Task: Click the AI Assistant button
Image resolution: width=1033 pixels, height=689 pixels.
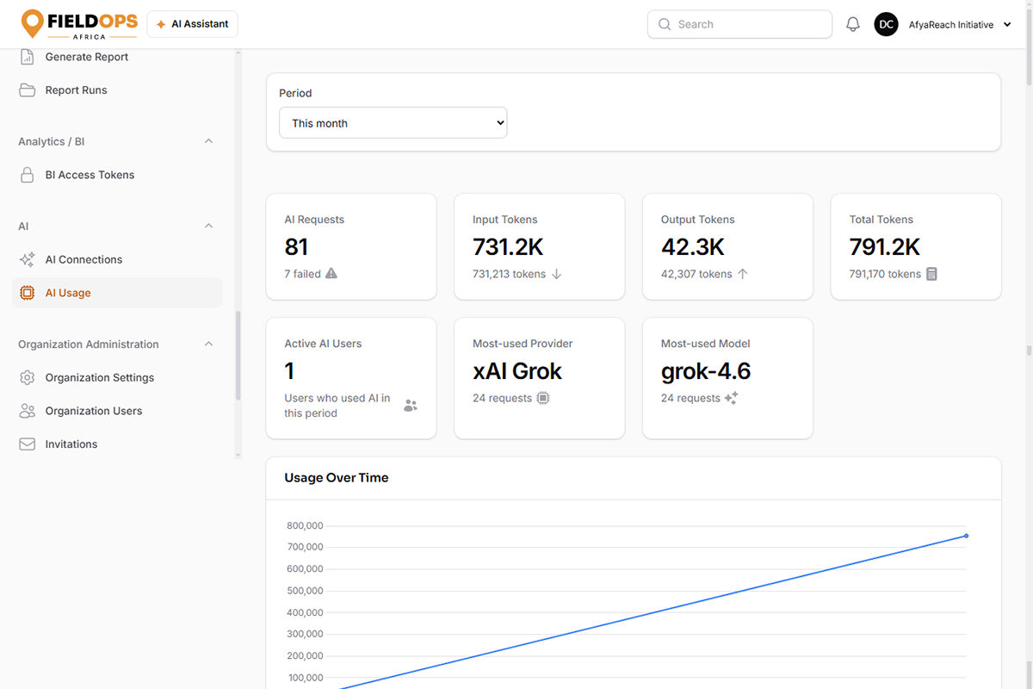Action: point(192,24)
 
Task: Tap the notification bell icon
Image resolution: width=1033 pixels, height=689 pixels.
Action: point(853,24)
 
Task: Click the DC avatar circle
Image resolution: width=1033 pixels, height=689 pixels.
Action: point(886,24)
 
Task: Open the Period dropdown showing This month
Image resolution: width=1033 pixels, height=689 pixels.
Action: point(393,123)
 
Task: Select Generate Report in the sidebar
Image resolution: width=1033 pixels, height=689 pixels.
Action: point(86,57)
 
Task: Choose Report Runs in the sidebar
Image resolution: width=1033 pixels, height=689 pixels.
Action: point(76,90)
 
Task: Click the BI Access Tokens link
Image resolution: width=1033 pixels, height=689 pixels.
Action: point(90,175)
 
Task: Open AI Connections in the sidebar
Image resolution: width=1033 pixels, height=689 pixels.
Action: point(84,260)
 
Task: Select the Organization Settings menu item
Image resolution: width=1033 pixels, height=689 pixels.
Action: point(99,378)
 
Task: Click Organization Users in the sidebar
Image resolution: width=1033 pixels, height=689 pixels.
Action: point(93,411)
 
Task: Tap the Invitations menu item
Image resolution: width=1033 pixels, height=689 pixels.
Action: point(71,444)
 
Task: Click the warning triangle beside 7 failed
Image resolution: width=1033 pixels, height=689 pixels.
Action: point(331,274)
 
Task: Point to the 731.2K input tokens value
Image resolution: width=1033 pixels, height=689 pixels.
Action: point(508,247)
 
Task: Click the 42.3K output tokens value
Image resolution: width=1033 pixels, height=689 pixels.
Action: point(692,247)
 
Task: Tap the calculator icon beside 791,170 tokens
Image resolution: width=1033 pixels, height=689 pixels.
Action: point(931,274)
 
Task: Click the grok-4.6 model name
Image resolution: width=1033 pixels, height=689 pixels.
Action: point(706,371)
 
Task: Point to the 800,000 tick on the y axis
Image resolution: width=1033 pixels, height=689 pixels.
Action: point(305,525)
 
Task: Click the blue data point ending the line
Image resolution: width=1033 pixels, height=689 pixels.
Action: point(966,536)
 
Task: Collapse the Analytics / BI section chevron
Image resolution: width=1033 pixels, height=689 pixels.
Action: point(208,141)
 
